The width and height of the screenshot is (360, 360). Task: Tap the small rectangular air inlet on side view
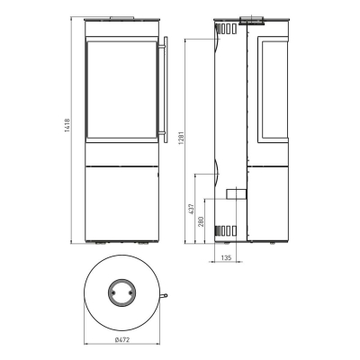coord(236,193)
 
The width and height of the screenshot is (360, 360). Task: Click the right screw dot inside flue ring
coord(130,292)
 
